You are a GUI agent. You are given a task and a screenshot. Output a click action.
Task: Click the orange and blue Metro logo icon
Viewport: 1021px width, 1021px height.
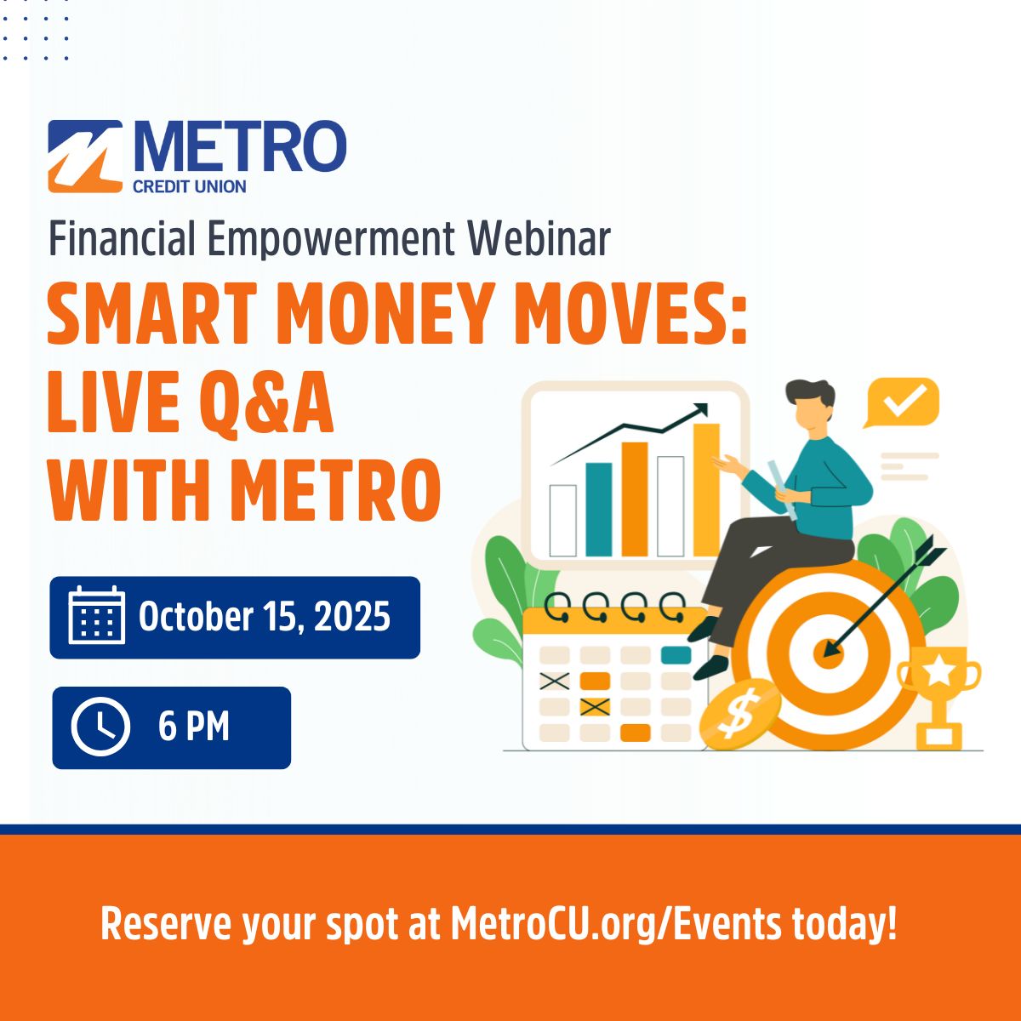pyautogui.click(x=85, y=157)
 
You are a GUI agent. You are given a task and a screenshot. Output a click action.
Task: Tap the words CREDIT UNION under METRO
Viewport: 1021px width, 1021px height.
pyautogui.click(x=189, y=187)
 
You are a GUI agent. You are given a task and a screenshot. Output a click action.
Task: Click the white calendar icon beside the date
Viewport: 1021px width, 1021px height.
pyautogui.click(x=97, y=615)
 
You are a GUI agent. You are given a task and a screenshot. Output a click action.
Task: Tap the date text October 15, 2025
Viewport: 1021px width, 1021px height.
pyautogui.click(x=265, y=616)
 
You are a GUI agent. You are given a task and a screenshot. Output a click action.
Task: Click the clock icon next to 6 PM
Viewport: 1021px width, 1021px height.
pyautogui.click(x=100, y=727)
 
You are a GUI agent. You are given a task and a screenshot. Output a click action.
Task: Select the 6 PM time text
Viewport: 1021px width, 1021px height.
pyautogui.click(x=194, y=727)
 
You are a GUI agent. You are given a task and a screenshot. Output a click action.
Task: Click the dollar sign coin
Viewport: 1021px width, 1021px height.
pyautogui.click(x=739, y=714)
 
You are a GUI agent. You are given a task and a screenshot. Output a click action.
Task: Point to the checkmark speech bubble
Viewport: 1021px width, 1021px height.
pyautogui.click(x=902, y=402)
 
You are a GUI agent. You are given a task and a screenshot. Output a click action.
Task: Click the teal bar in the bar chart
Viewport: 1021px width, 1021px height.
pyautogui.click(x=599, y=510)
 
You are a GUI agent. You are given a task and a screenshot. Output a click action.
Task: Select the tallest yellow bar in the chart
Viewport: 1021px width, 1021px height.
pyautogui.click(x=706, y=490)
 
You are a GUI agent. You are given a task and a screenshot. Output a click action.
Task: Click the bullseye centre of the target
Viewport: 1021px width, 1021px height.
pyautogui.click(x=828, y=653)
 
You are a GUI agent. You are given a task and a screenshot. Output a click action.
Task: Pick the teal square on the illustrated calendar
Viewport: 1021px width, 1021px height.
pyautogui.click(x=676, y=655)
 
